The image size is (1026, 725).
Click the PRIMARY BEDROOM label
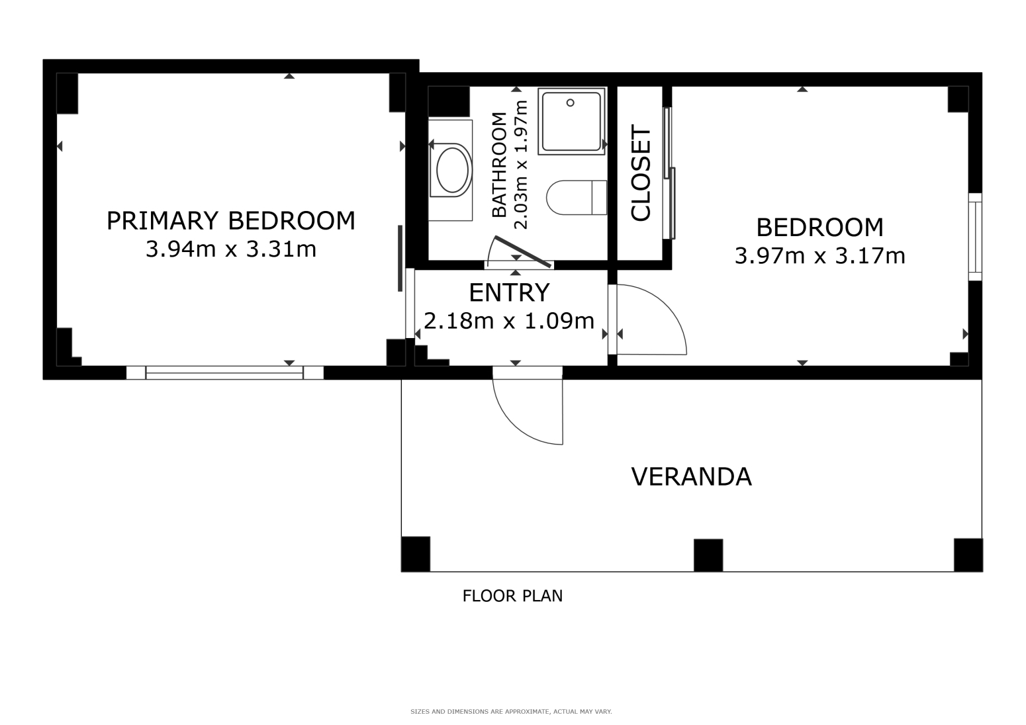point(230,221)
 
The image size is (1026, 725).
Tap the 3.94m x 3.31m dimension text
point(230,249)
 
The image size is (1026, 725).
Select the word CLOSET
point(641,173)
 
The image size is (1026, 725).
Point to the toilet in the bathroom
point(576,198)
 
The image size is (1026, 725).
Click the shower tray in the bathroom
point(571,121)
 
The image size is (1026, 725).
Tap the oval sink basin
point(453,170)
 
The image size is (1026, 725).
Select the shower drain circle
point(570,103)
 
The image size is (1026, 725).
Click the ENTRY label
point(509,292)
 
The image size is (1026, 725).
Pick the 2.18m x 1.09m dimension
point(509,321)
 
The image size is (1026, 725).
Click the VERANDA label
point(691,477)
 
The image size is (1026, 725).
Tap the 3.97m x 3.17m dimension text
point(819,255)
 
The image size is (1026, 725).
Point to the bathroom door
point(523,253)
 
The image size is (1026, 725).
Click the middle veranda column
point(708,555)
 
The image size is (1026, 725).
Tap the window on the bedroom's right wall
point(974,236)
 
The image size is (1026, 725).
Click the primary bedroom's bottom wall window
point(224,372)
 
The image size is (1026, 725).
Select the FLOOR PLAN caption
point(512,596)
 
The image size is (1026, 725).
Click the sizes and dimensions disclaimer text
point(511,712)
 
